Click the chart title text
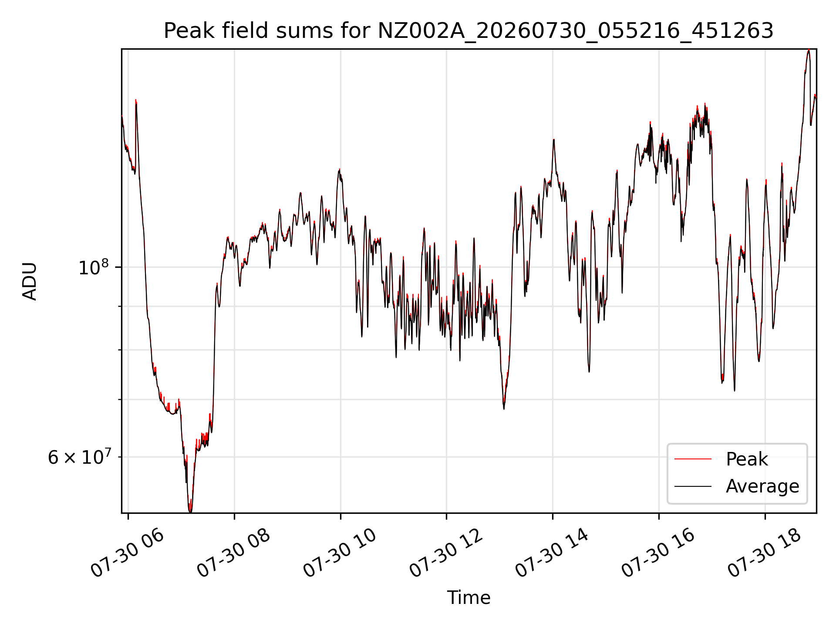pyautogui.click(x=469, y=31)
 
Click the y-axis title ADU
pyautogui.click(x=30, y=281)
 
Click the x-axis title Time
pyautogui.click(x=469, y=597)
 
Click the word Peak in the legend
pyautogui.click(x=747, y=459)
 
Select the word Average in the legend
pyautogui.click(x=762, y=486)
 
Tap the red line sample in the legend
pyautogui.click(x=693, y=459)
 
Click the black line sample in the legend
pyautogui.click(x=693, y=486)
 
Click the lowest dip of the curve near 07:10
pyautogui.click(x=190, y=511)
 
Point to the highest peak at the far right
pyautogui.click(x=809, y=51)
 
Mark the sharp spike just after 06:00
pyautogui.click(x=136, y=101)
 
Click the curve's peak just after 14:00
pyautogui.click(x=553, y=140)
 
